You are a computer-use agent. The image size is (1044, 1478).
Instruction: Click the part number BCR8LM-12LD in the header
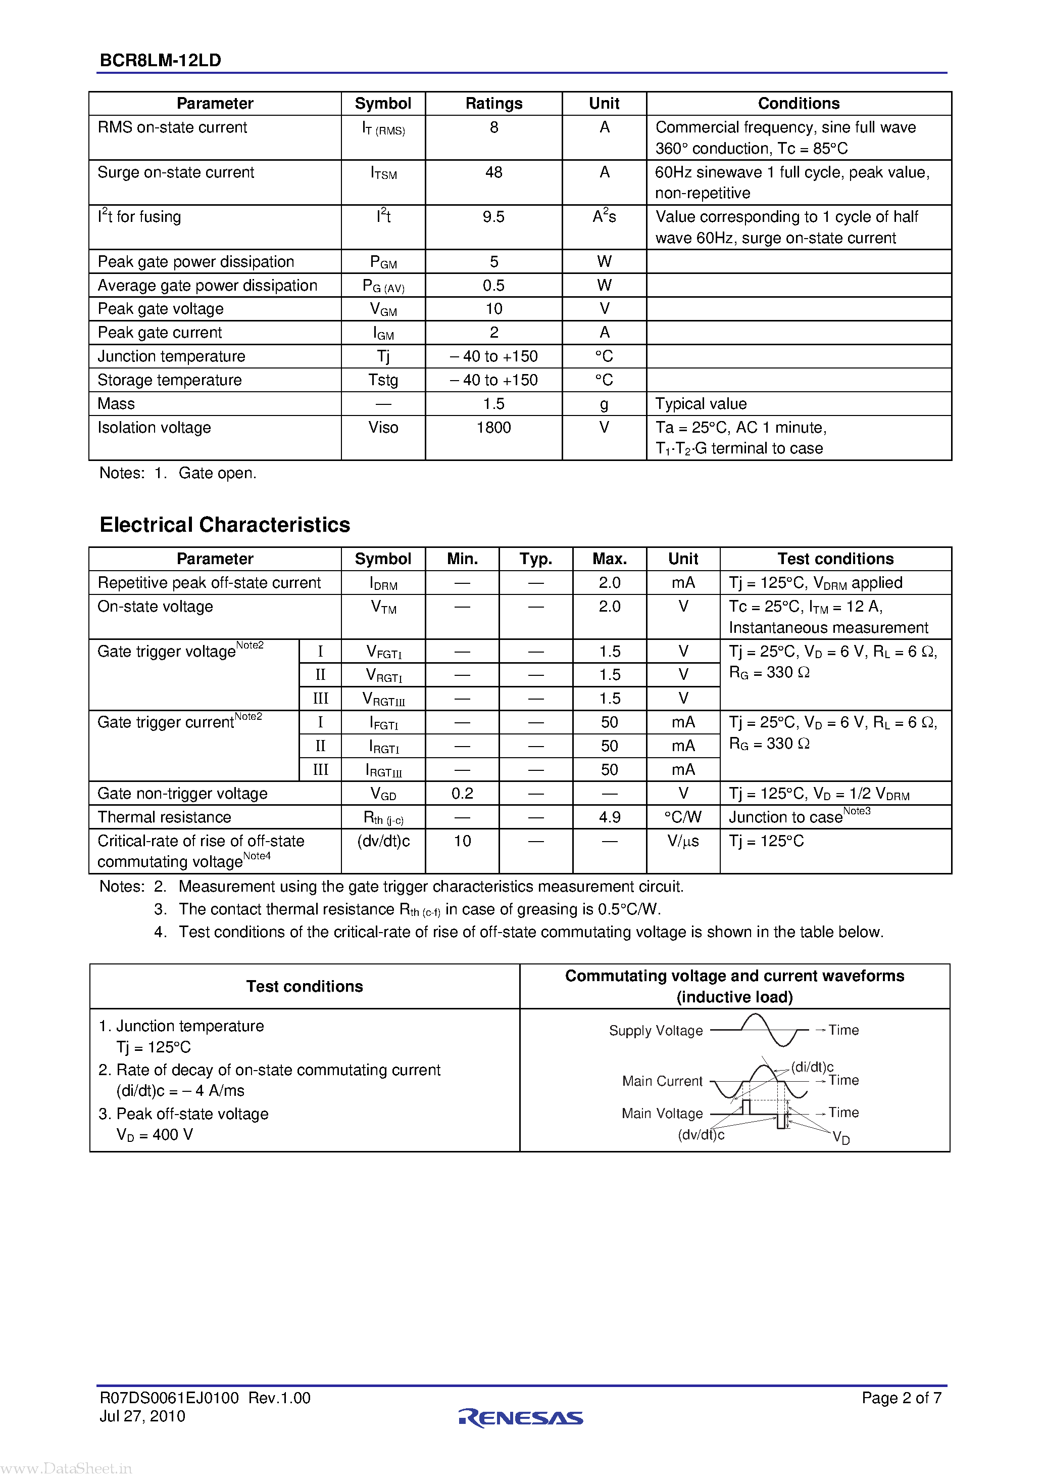pyautogui.click(x=160, y=61)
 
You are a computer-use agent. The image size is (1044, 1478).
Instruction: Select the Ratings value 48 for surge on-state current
pyautogui.click(x=493, y=172)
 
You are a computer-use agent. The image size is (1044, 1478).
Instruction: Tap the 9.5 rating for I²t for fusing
pyautogui.click(x=493, y=217)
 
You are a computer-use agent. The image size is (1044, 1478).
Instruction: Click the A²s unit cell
pyautogui.click(x=604, y=216)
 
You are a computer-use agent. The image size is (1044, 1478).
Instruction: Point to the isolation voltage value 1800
pyautogui.click(x=493, y=428)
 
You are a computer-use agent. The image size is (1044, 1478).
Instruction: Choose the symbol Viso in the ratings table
pyautogui.click(x=383, y=428)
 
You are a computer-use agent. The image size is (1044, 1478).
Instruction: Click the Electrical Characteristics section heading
pyautogui.click(x=224, y=525)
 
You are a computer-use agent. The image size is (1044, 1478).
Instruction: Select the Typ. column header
pyautogui.click(x=536, y=559)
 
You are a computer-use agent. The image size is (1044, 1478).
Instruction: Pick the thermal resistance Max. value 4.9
pyautogui.click(x=609, y=817)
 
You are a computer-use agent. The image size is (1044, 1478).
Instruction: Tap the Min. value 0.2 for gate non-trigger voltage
pyautogui.click(x=462, y=794)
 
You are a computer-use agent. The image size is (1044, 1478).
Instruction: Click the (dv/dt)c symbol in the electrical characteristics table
pyautogui.click(x=383, y=841)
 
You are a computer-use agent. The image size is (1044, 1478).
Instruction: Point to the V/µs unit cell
pyautogui.click(x=683, y=841)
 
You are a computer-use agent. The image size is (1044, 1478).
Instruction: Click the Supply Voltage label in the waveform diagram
pyautogui.click(x=656, y=1031)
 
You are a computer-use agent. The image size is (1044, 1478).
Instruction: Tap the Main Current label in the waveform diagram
pyautogui.click(x=662, y=1081)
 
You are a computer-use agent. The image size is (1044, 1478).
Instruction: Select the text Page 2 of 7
pyautogui.click(x=901, y=1398)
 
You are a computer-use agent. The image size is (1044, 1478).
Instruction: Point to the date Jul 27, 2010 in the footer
pyautogui.click(x=142, y=1416)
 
